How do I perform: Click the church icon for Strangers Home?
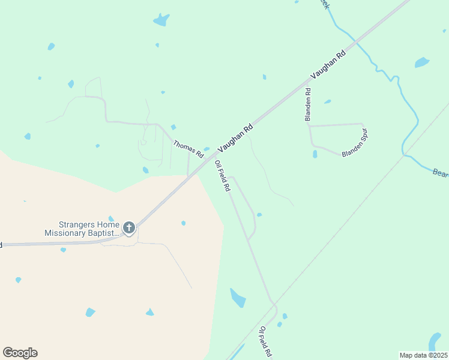(x=128, y=228)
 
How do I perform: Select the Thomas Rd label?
(x=188, y=150)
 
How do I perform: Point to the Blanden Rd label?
(x=308, y=105)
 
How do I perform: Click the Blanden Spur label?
(x=354, y=143)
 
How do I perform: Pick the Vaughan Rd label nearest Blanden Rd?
(x=329, y=65)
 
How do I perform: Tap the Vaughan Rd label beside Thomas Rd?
(x=235, y=137)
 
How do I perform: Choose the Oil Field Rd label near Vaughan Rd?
(x=223, y=176)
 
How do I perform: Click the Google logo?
(x=20, y=353)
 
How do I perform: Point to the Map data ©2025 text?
(x=423, y=355)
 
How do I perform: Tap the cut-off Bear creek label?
(x=441, y=173)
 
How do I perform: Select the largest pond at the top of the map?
(x=161, y=20)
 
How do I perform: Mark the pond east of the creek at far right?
(x=422, y=62)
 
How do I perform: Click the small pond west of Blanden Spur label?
(x=315, y=154)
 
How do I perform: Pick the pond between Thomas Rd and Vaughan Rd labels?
(x=206, y=149)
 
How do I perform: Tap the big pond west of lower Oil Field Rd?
(x=238, y=297)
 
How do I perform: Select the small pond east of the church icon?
(x=183, y=223)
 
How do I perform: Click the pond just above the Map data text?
(x=435, y=342)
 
